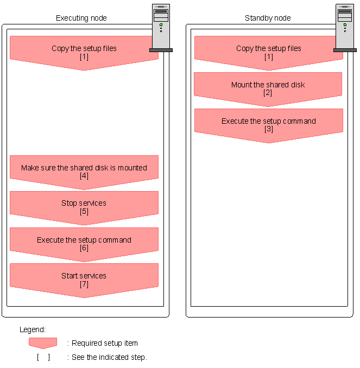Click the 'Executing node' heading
(81, 18)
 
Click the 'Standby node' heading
(268, 18)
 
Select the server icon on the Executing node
(161, 27)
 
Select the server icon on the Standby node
(345, 27)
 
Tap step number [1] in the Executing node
(84, 56)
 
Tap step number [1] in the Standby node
(268, 56)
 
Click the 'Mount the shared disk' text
(268, 85)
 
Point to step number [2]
(268, 93)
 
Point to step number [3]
(268, 129)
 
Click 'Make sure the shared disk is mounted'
(84, 168)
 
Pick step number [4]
(84, 176)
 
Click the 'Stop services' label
(84, 203)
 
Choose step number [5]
(84, 211)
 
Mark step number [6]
(84, 248)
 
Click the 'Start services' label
(84, 276)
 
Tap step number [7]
(84, 284)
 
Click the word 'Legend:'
(33, 329)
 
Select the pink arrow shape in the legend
(43, 342)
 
